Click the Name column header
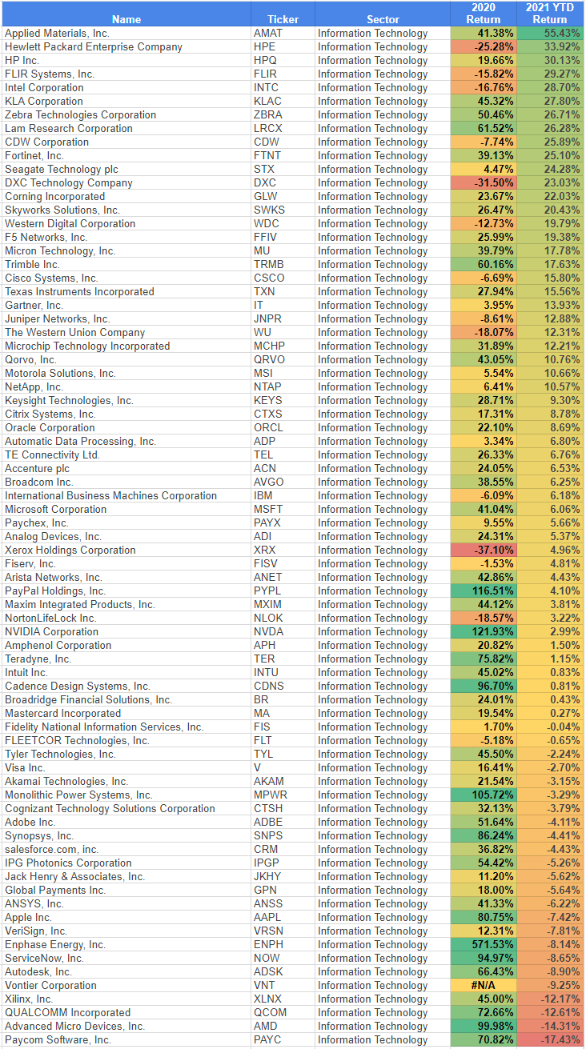click(x=126, y=19)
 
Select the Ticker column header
click(x=283, y=19)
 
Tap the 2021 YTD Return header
click(x=550, y=14)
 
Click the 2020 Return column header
click(x=483, y=14)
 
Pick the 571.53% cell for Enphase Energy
click(x=483, y=944)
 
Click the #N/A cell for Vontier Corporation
click(x=483, y=985)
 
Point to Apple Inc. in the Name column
click(x=29, y=917)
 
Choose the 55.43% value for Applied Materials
click(x=550, y=33)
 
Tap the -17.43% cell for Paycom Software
click(x=550, y=1039)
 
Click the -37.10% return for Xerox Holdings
click(x=483, y=550)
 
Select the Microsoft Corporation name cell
click(x=56, y=509)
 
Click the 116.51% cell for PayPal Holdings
click(x=483, y=591)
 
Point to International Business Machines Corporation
click(x=110, y=495)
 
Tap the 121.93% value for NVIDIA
click(x=483, y=631)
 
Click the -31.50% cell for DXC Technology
click(x=483, y=182)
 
